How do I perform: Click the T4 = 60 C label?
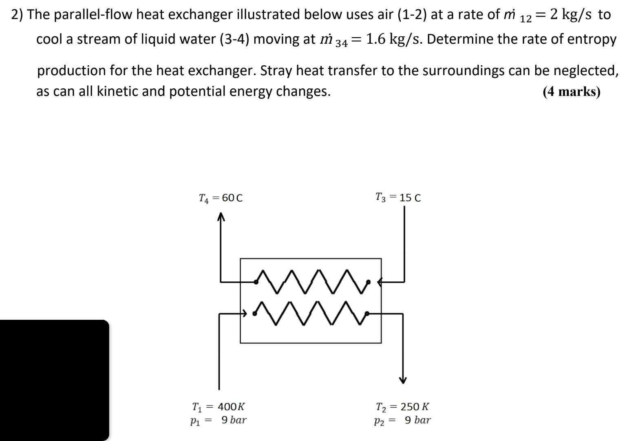pos(221,198)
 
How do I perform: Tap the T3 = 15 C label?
pos(398,198)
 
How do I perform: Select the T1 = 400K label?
pos(219,407)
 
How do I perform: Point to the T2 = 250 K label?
pos(402,407)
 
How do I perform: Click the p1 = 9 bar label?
pos(219,420)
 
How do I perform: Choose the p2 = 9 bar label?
pos(402,420)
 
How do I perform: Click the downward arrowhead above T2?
pos(403,380)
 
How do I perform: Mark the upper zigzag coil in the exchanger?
pos(312,281)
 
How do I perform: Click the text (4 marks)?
pos(571,91)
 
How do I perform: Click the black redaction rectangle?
pos(54,380)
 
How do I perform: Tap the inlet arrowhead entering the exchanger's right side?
pos(380,281)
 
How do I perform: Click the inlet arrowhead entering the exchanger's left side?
pos(244,314)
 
